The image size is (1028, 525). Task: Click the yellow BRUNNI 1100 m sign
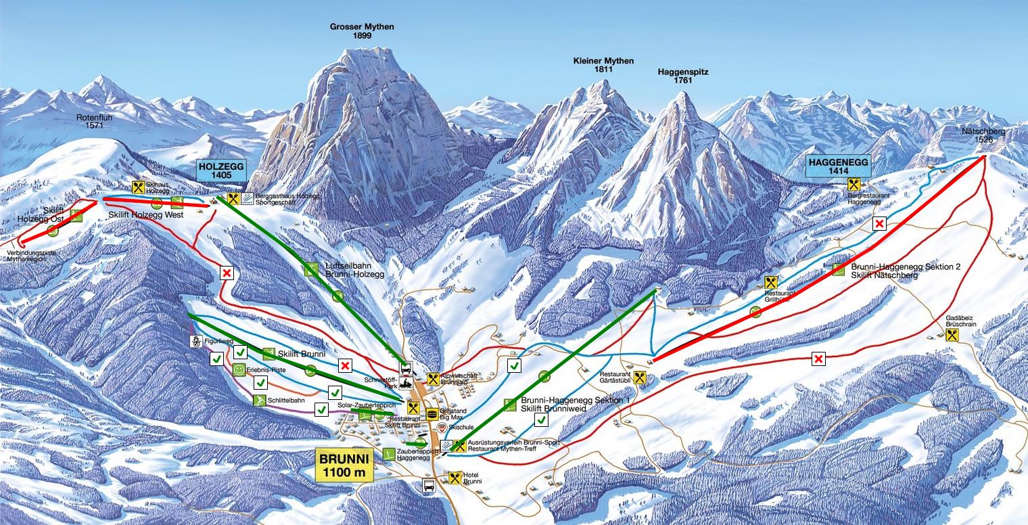[x=345, y=465]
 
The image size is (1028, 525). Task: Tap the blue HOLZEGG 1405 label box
[x=220, y=170]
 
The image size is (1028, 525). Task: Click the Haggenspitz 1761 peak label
[x=682, y=76]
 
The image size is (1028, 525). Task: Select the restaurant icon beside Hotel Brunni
[x=454, y=478]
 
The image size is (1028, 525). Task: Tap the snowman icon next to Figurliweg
[x=196, y=341]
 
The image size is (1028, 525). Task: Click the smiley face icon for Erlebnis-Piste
[x=239, y=370]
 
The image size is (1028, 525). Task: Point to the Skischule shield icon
[x=442, y=428]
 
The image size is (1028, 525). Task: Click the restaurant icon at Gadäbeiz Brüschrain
[x=953, y=335]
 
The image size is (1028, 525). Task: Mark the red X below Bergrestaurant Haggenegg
[x=879, y=224]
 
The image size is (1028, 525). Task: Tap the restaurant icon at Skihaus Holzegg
[x=139, y=187]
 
